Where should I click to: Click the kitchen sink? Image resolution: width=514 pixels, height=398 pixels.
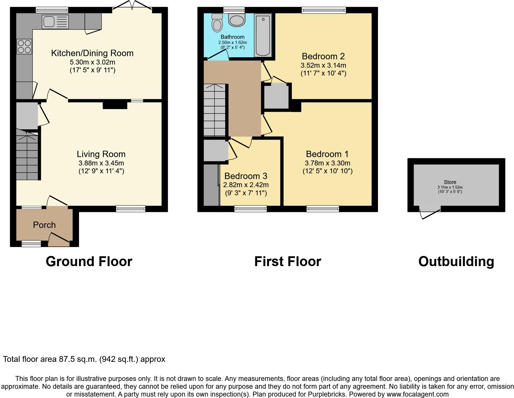pos(55,22)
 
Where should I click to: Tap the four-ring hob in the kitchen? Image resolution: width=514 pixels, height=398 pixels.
pos(24,47)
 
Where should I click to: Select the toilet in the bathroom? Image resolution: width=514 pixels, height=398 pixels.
pos(217,23)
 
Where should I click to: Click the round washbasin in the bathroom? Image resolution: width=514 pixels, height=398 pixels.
pos(237,20)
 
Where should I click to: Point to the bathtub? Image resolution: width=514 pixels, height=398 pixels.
pos(263,35)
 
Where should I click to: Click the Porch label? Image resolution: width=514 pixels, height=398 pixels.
pos(44,225)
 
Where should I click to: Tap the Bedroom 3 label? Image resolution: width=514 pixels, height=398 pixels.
pos(246,176)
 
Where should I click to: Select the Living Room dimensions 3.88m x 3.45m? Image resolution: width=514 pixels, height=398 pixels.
pos(101,163)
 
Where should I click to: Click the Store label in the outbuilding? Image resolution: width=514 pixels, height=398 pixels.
pos(450,182)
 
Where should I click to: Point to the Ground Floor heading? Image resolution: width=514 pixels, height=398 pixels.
pos(89,261)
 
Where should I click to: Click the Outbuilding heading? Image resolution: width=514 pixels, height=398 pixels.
pos(456,261)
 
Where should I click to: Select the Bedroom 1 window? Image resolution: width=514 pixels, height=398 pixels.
pos(323,209)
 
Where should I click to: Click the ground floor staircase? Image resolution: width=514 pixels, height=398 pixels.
pos(27,156)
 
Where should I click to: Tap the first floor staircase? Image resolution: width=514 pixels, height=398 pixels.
pos(214,110)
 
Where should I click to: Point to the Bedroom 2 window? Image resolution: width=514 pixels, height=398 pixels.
pos(324,10)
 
